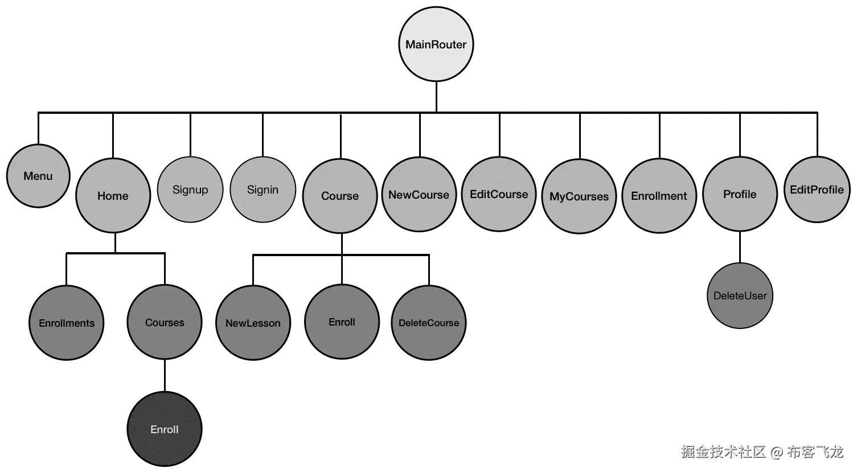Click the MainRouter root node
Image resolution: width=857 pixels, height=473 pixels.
pyautogui.click(x=436, y=44)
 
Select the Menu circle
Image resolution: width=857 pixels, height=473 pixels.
pyautogui.click(x=38, y=176)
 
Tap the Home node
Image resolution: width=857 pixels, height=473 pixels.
pyautogui.click(x=113, y=195)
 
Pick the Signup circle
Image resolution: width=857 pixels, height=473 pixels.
pyautogui.click(x=190, y=190)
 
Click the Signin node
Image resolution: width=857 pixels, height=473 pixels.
pyautogui.click(x=263, y=190)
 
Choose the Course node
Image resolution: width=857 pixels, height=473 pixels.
pyautogui.click(x=340, y=195)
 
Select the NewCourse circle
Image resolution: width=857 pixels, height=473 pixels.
pyautogui.click(x=419, y=195)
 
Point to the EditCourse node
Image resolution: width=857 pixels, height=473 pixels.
pyautogui.click(x=499, y=194)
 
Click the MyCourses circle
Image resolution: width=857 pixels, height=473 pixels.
pyautogui.click(x=579, y=196)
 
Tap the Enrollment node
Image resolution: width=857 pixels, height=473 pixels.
pyautogui.click(x=659, y=196)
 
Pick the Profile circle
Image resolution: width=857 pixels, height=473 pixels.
pyautogui.click(x=740, y=194)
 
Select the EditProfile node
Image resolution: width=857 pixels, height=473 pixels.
pyautogui.click(x=817, y=190)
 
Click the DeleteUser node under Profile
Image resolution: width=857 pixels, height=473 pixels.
pyautogui.click(x=740, y=295)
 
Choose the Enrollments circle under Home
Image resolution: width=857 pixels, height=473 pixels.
pyautogui.click(x=67, y=323)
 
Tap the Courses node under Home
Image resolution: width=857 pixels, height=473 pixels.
pyautogui.click(x=165, y=322)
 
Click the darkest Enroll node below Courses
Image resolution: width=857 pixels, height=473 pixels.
pyautogui.click(x=165, y=429)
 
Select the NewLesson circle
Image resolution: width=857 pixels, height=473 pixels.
pyautogui.click(x=253, y=323)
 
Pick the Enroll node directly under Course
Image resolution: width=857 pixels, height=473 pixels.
pyautogui.click(x=342, y=322)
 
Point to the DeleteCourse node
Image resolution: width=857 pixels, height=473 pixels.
pyautogui.click(x=429, y=323)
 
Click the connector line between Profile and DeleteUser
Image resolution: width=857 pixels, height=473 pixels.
pyautogui.click(x=740, y=247)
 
